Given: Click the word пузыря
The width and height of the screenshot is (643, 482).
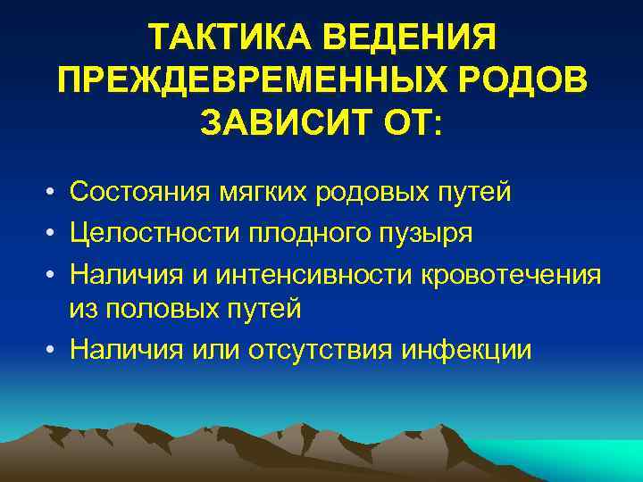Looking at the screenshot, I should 428,234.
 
